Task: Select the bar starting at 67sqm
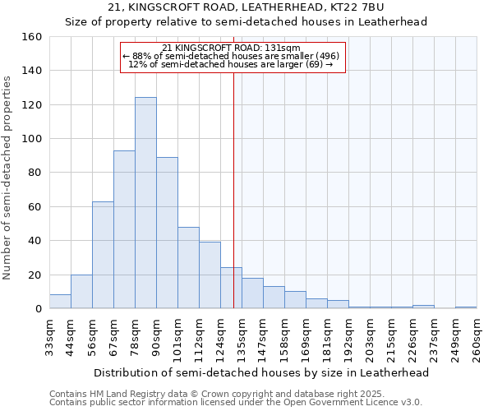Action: click(x=124, y=229)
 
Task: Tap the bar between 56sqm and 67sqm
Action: click(x=103, y=255)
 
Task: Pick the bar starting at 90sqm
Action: click(x=167, y=233)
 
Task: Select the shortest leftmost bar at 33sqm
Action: click(x=60, y=302)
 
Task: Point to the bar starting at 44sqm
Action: click(x=81, y=292)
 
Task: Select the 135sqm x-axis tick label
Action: click(x=242, y=338)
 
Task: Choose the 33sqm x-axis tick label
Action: click(x=49, y=338)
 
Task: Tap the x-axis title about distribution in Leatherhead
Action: click(x=261, y=372)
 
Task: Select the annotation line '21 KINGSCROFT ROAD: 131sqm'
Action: click(x=232, y=48)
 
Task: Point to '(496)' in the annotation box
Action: click(x=323, y=56)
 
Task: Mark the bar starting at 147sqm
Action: click(x=274, y=298)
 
